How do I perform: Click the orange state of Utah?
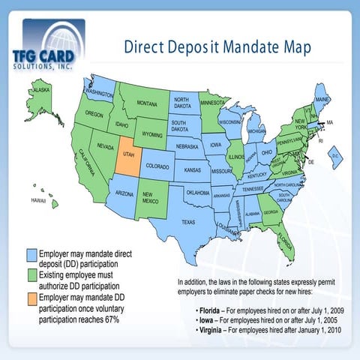pyautogui.click(x=126, y=159)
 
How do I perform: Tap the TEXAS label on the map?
pyautogui.click(x=187, y=222)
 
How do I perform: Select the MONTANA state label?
pyautogui.click(x=146, y=103)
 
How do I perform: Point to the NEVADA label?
pyautogui.click(x=105, y=146)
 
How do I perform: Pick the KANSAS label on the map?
pyautogui.click(x=192, y=170)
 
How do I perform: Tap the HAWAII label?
pyautogui.click(x=38, y=201)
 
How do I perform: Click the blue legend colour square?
pyautogui.click(x=31, y=254)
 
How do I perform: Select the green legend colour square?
pyautogui.click(x=31, y=276)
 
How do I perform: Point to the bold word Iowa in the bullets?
pyautogui.click(x=206, y=319)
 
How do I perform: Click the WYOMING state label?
pyautogui.click(x=153, y=135)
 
